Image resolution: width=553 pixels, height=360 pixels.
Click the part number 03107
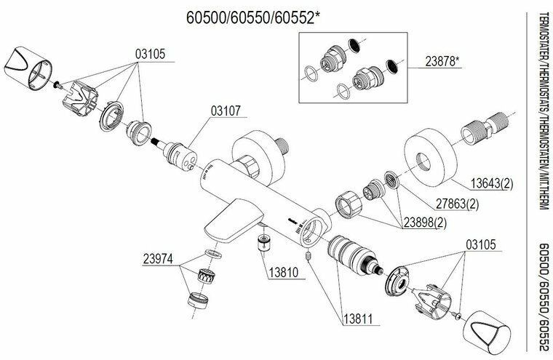point(227,112)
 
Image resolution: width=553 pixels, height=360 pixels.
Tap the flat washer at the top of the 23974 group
point(212,252)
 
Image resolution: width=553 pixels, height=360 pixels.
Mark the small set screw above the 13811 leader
point(310,257)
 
